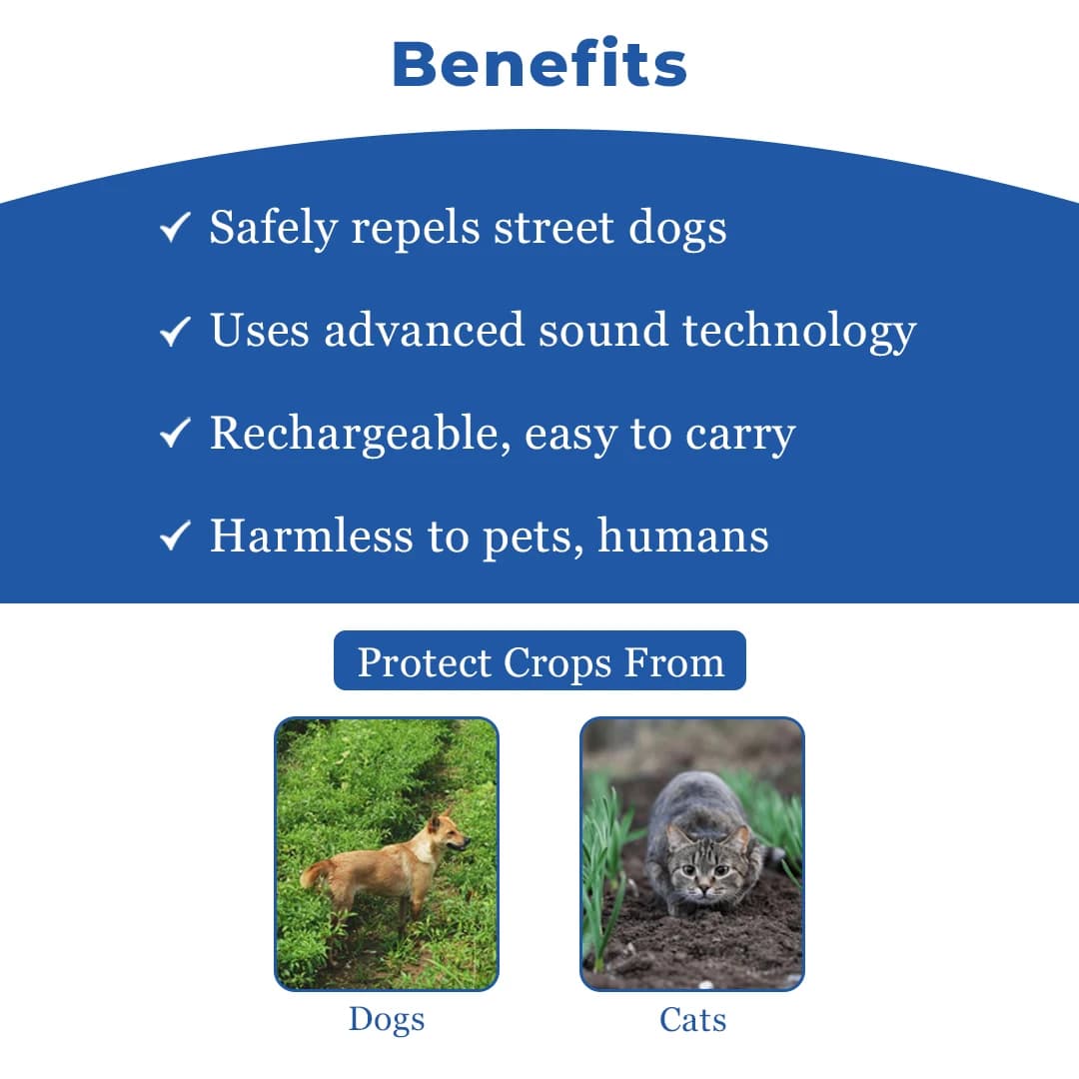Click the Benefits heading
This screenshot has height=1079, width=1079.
click(539, 64)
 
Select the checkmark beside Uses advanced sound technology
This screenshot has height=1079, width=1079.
click(175, 332)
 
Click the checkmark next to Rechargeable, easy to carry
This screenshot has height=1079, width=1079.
click(175, 434)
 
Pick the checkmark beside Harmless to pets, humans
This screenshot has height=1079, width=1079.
click(175, 537)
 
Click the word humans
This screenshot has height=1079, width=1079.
click(683, 536)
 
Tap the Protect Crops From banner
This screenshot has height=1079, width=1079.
click(539, 661)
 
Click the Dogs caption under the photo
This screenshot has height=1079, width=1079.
click(387, 1019)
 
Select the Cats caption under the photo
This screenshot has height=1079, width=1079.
click(692, 1019)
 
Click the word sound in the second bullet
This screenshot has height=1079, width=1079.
click(602, 331)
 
